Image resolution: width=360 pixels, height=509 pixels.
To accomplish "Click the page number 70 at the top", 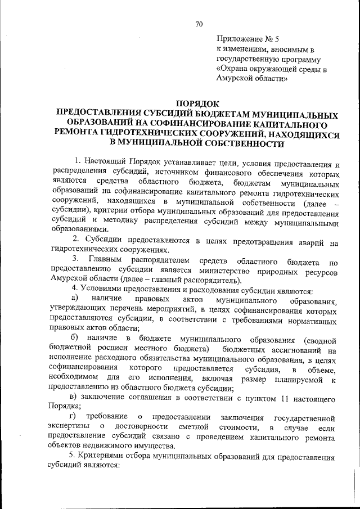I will [x=199, y=24].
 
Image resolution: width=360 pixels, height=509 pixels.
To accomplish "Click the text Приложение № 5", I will [x=248, y=40].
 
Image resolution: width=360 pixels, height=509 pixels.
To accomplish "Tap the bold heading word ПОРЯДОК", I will [x=196, y=103].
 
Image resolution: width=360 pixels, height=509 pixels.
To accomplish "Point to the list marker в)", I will [x=72, y=398].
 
